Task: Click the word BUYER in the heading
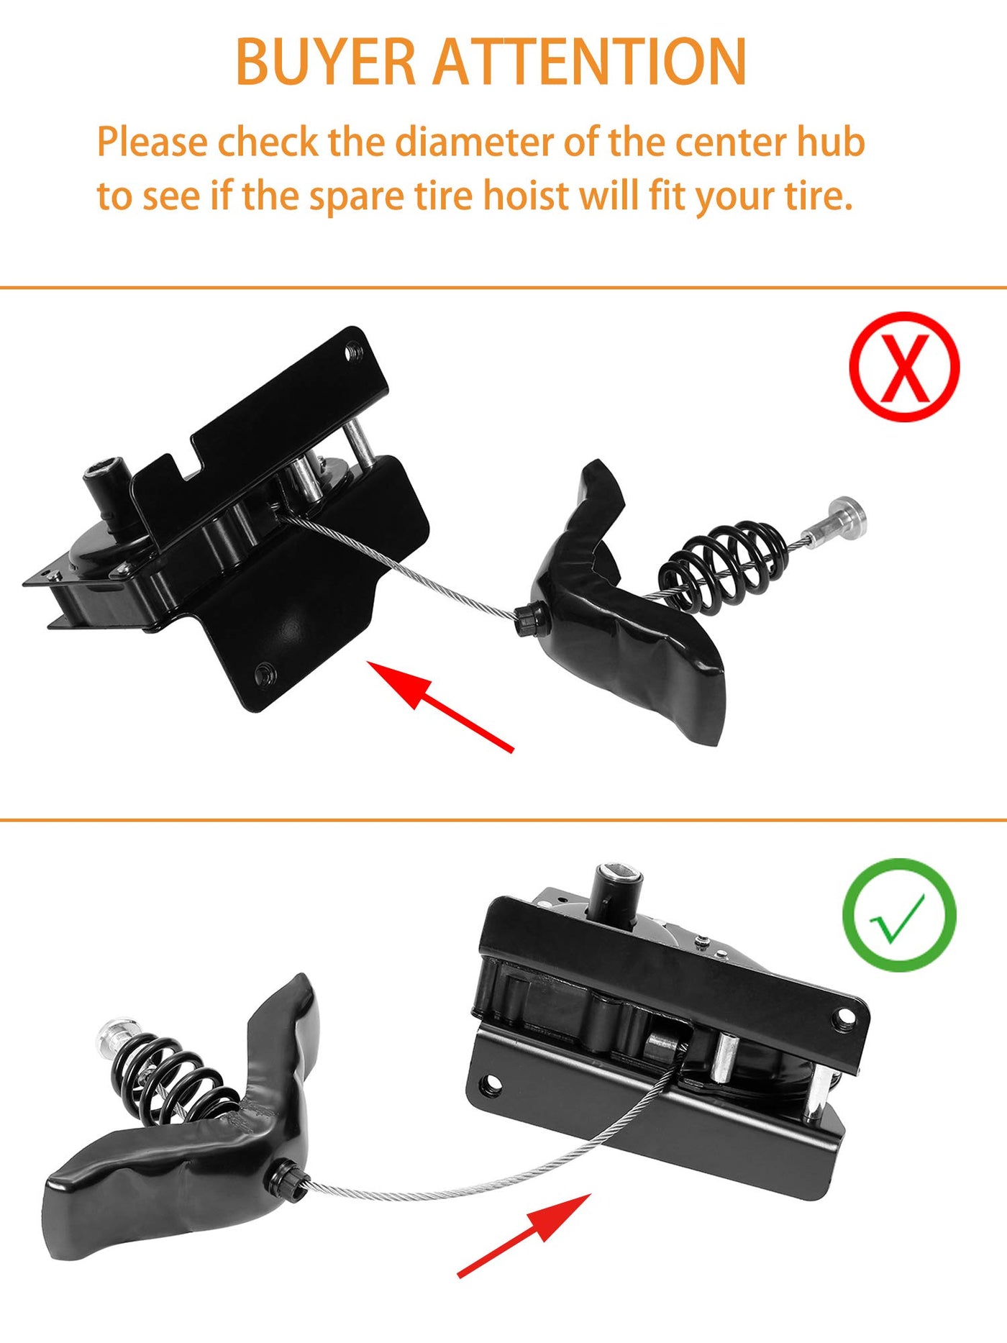point(326,62)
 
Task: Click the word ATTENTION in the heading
point(590,62)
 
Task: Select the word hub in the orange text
point(830,142)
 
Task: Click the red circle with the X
point(904,367)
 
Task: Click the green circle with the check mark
point(900,915)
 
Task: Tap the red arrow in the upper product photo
point(440,706)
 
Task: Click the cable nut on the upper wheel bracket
point(529,619)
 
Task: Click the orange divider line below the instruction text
point(503,288)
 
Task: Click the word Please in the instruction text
point(152,142)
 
